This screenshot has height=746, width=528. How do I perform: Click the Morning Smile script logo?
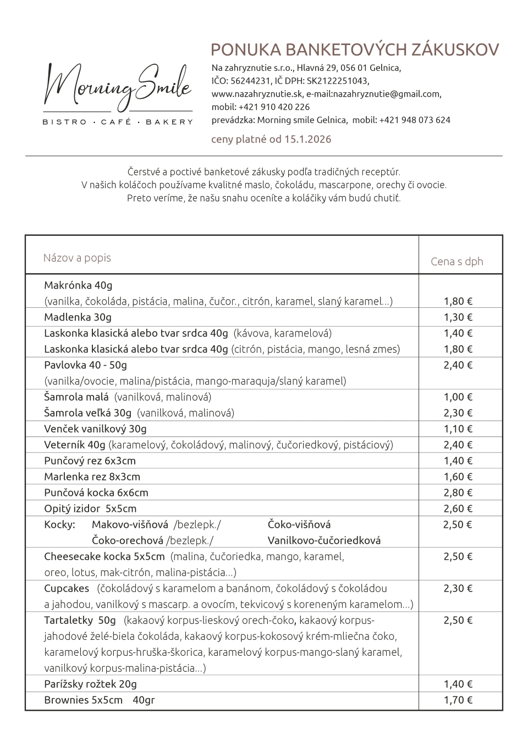click(x=118, y=88)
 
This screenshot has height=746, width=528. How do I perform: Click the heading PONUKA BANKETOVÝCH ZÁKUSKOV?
click(x=355, y=50)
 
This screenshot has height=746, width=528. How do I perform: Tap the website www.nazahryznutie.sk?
click(x=257, y=94)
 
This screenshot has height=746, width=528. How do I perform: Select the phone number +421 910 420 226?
click(x=274, y=107)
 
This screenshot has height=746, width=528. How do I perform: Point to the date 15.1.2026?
click(x=308, y=139)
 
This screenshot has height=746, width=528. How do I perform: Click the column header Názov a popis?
click(x=77, y=258)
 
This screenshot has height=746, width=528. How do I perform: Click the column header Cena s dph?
click(x=457, y=262)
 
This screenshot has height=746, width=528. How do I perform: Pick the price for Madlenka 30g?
click(x=458, y=317)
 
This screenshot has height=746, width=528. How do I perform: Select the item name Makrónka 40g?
click(x=78, y=285)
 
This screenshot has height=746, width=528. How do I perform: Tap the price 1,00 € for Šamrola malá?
click(x=458, y=397)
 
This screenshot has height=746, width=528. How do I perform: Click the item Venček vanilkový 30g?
click(x=95, y=429)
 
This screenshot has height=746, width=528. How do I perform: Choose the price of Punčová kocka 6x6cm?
click(x=458, y=493)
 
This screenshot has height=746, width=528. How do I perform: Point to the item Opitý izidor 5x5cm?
click(x=90, y=509)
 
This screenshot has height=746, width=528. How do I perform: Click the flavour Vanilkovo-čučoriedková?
click(x=324, y=540)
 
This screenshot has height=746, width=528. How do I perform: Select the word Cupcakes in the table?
click(x=67, y=588)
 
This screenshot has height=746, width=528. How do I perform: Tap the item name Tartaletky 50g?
click(x=80, y=620)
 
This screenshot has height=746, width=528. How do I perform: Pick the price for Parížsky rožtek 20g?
click(x=458, y=684)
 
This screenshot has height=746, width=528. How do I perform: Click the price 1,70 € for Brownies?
click(x=458, y=700)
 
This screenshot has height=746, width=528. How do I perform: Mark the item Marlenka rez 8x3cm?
click(x=92, y=477)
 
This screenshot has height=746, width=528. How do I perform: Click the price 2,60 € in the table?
click(x=458, y=509)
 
